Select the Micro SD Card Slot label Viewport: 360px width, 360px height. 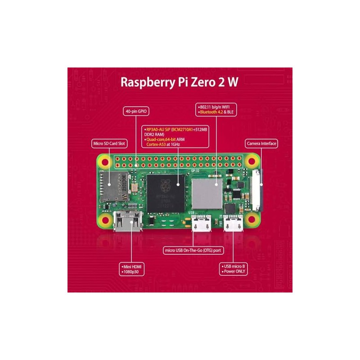click(108, 144)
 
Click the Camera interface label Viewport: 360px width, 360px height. click(261, 144)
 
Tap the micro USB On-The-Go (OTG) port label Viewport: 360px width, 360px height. click(193, 250)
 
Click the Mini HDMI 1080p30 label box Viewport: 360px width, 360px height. click(130, 269)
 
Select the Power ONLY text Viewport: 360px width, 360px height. click(235, 272)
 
